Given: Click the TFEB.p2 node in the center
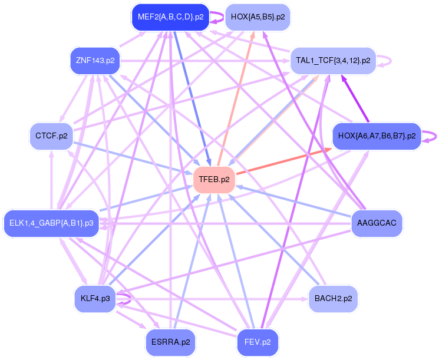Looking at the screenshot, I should (x=214, y=180).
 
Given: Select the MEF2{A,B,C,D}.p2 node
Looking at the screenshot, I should (x=170, y=17).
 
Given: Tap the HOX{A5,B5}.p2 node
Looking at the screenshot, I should (x=258, y=17).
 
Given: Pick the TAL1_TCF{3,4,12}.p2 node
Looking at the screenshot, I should (x=333, y=61).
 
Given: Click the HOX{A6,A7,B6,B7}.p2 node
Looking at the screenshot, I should (x=377, y=136).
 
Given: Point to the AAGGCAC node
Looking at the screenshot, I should (x=377, y=223).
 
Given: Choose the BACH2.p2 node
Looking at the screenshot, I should (x=333, y=299).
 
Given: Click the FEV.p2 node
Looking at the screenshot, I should (x=258, y=342).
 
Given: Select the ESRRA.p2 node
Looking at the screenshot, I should (x=170, y=342).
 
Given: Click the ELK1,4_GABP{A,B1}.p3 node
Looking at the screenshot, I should (x=51, y=223).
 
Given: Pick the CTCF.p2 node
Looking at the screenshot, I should (x=51, y=136).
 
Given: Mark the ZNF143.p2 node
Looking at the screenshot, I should (x=95, y=61).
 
